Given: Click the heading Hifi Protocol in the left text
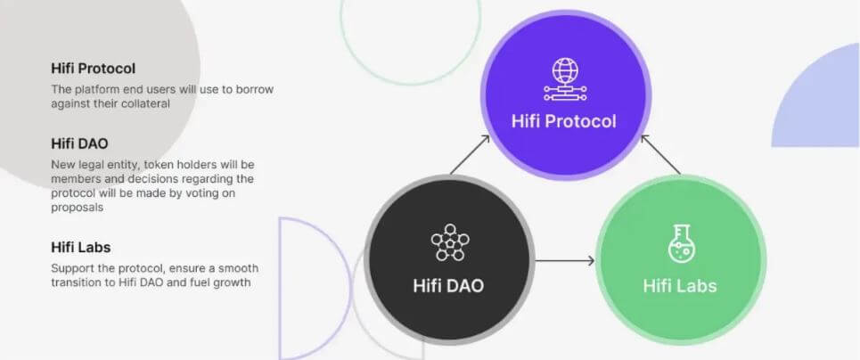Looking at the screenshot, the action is [94, 69].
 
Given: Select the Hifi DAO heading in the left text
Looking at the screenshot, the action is [79, 143].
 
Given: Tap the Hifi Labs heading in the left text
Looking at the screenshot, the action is [80, 248].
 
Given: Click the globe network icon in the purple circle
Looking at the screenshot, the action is [565, 79].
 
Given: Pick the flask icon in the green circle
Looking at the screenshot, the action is [680, 242].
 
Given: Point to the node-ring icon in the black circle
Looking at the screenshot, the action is [450, 242].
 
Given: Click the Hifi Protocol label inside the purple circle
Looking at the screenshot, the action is [564, 121].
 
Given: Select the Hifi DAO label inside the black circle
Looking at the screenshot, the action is [448, 286].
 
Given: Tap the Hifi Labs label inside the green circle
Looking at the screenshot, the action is [680, 286].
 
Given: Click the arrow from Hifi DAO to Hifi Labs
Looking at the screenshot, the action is [565, 261].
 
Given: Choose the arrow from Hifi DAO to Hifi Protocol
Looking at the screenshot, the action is [470, 155].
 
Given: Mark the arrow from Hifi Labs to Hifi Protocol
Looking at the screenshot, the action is [660, 154].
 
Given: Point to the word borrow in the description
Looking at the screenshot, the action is [255, 89].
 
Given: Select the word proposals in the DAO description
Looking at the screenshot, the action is [78, 208].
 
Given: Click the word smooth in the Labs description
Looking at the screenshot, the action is [238, 269].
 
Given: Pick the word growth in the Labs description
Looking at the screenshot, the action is [234, 283].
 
